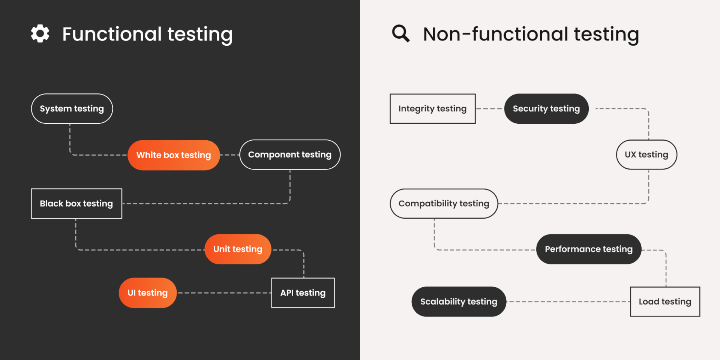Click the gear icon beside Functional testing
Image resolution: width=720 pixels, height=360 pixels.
pyautogui.click(x=40, y=34)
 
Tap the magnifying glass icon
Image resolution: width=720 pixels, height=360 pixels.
pyautogui.click(x=400, y=33)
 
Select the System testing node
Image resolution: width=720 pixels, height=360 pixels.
pyautogui.click(x=72, y=109)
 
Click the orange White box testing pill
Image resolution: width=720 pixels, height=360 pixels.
pyautogui.click(x=174, y=155)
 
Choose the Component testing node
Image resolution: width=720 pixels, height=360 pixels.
pyautogui.click(x=290, y=155)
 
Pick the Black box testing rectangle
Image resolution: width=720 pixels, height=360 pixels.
pyautogui.click(x=76, y=204)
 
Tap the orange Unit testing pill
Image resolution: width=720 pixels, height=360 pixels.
pyautogui.click(x=238, y=249)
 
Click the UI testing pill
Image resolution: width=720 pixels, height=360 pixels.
pyautogui.click(x=147, y=293)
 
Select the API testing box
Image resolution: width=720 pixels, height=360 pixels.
pyautogui.click(x=303, y=293)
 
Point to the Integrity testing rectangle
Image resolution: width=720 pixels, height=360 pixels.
pyautogui.click(x=432, y=109)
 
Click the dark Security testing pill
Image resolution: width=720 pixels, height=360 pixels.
pyautogui.click(x=546, y=109)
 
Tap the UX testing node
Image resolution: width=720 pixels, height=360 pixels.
pyautogui.click(x=646, y=155)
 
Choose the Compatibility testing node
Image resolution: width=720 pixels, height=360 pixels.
pyautogui.click(x=444, y=204)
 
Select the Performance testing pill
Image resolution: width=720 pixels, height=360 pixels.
pyautogui.click(x=588, y=249)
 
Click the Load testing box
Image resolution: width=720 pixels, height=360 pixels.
pyautogui.click(x=665, y=302)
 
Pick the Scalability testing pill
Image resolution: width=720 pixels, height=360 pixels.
pyautogui.click(x=459, y=302)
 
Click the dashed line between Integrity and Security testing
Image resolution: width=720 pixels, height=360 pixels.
pyautogui.click(x=490, y=109)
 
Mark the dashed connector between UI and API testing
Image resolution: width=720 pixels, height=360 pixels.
pyautogui.click(x=224, y=293)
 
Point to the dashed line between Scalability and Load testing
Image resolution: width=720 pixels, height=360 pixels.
pyautogui.click(x=568, y=302)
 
